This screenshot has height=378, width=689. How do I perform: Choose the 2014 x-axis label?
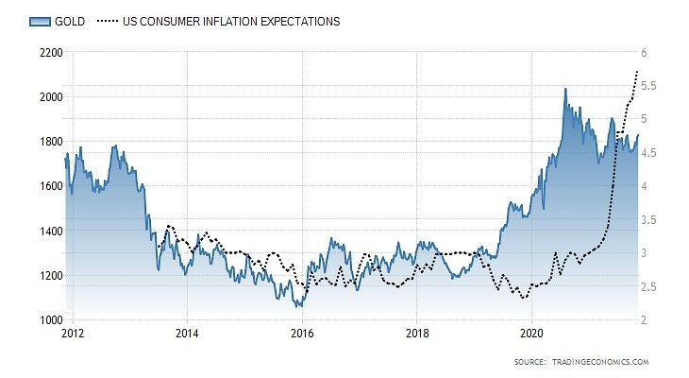[x=187, y=334]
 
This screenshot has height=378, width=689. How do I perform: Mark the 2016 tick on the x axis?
[x=302, y=334]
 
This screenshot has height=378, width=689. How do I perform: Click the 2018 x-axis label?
[x=417, y=334]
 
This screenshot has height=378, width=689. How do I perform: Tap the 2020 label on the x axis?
[x=532, y=334]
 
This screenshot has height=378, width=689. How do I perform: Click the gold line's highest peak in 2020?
[x=565, y=89]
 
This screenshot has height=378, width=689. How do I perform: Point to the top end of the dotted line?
[x=639, y=71]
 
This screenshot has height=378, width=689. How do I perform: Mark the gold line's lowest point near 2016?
[x=299, y=307]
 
